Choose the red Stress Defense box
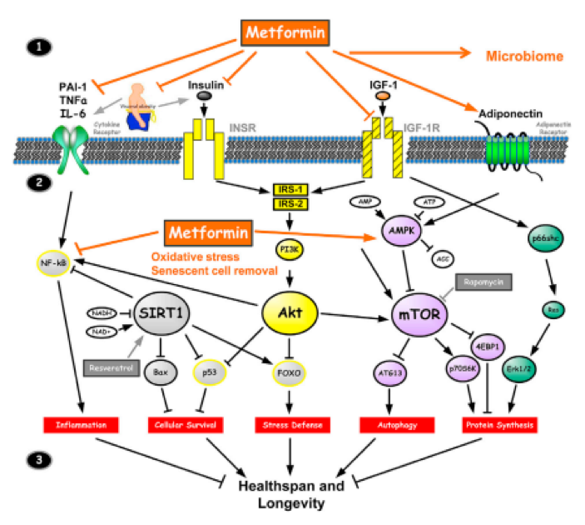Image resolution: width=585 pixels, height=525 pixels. click(290, 426)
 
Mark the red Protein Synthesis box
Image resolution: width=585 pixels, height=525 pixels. click(498, 426)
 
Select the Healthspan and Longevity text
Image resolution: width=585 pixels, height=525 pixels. click(290, 494)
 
